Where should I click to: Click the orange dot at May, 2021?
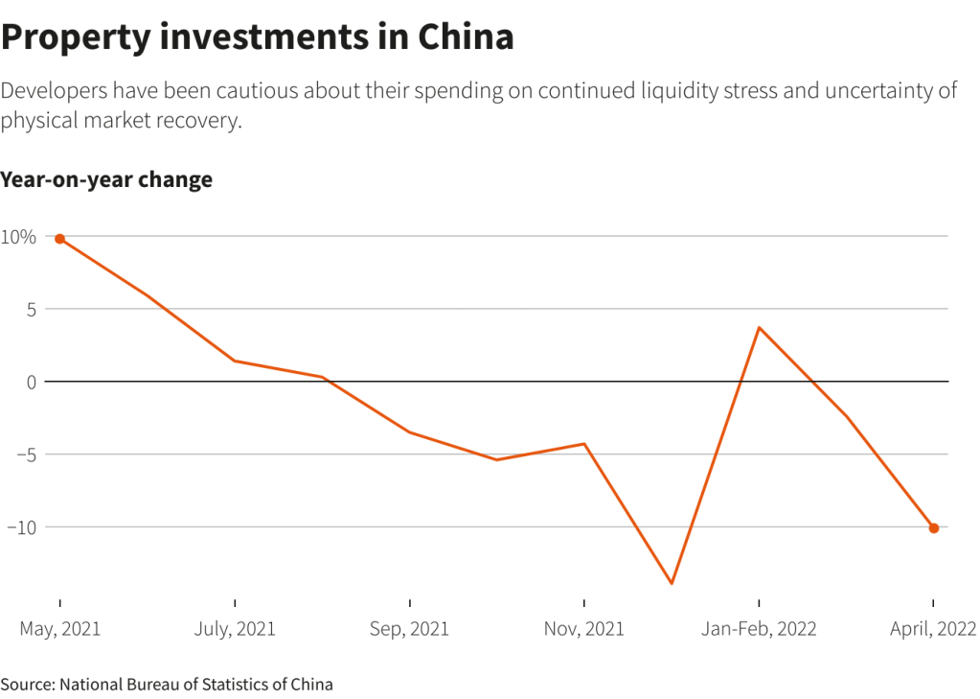[59, 239]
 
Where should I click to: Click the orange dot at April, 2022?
[934, 528]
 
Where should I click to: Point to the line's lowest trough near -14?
[672, 583]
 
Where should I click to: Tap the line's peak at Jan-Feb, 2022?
[759, 328]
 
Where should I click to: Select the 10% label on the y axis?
[18, 237]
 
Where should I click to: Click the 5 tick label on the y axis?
[32, 309]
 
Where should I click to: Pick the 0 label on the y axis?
[32, 382]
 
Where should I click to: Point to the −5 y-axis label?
[25, 454]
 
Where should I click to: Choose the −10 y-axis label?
[21, 527]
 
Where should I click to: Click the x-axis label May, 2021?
[60, 629]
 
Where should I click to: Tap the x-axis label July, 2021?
[235, 629]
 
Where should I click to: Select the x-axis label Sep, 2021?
[409, 629]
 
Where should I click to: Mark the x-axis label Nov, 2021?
[583, 629]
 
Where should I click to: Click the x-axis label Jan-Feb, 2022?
[759, 629]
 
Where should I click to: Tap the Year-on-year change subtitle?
[106, 179]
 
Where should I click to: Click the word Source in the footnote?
[27, 684]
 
